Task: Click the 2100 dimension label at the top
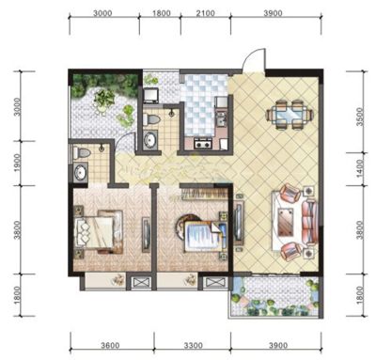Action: (x=206, y=13)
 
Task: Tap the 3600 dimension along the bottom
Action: (x=110, y=345)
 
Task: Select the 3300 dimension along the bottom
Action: (x=194, y=345)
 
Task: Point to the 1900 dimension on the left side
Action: (x=18, y=163)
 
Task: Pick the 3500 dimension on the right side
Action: (x=360, y=117)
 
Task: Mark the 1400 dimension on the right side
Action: (x=360, y=168)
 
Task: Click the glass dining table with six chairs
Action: (x=290, y=115)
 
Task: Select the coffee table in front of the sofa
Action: (x=286, y=222)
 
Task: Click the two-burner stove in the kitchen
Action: (x=204, y=144)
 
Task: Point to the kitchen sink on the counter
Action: (x=222, y=118)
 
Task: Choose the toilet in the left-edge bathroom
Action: (x=82, y=153)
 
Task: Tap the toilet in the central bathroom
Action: (x=152, y=119)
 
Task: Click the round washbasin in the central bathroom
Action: (x=150, y=140)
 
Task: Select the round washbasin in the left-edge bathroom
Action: (x=81, y=173)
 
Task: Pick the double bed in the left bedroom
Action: (x=98, y=232)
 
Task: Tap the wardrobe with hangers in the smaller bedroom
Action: (x=205, y=194)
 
